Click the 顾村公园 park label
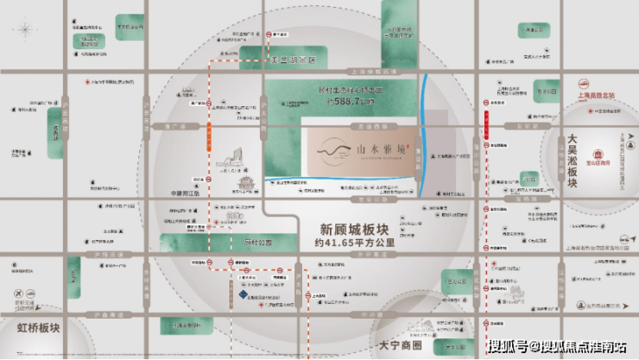pos(255,244)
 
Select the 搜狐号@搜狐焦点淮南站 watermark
pos(556,346)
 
